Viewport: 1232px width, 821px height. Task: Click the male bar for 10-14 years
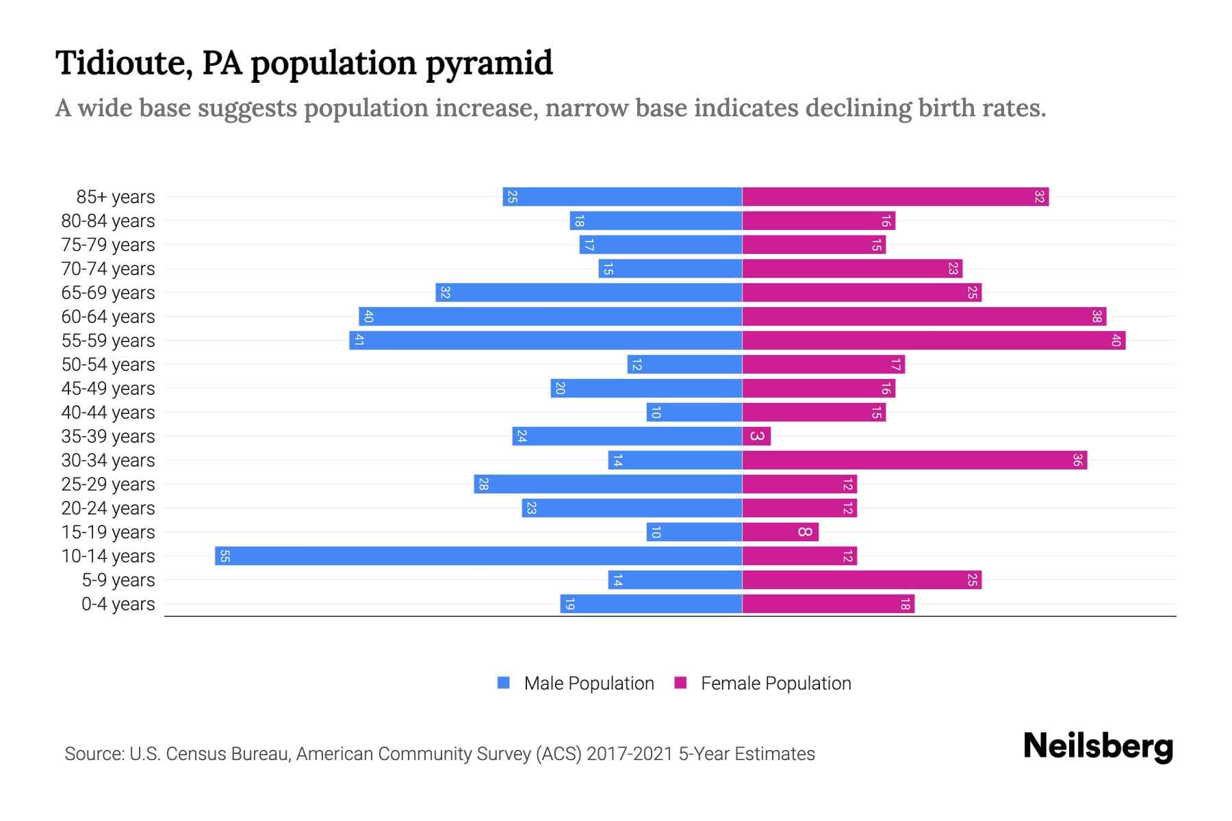pos(479,556)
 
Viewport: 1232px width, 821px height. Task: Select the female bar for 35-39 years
pos(756,436)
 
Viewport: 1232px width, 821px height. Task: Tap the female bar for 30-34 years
pos(914,460)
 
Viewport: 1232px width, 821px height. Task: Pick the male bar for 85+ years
pos(623,196)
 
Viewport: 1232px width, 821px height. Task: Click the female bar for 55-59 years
pos(934,340)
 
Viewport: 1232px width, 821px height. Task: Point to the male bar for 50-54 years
pos(684,364)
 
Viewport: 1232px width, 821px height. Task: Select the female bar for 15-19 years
pos(780,532)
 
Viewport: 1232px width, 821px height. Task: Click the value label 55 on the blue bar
pos(224,556)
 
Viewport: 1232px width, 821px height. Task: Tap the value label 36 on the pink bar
pos(1077,460)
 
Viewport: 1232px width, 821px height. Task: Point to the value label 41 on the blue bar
pos(359,340)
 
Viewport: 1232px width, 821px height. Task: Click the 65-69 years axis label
pos(108,293)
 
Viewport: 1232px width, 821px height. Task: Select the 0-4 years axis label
pos(118,604)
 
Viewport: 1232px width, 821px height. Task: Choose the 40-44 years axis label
pos(108,413)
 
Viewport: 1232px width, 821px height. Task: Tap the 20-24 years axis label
pos(108,508)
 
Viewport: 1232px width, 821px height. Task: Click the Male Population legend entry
pos(589,683)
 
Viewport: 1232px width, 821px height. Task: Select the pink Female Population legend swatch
pos(680,683)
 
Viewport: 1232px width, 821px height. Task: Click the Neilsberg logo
pos(1098,746)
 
